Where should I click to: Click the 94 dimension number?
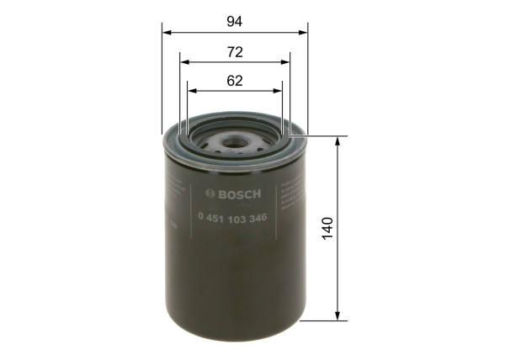click(235, 19)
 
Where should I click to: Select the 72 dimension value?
click(235, 52)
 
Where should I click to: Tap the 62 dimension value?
click(235, 81)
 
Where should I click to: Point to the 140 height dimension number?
click(327, 227)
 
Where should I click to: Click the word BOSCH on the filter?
click(241, 195)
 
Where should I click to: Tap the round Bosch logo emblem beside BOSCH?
click(210, 195)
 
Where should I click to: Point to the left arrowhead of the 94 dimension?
click(166, 33)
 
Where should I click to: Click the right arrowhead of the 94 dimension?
click(304, 33)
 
